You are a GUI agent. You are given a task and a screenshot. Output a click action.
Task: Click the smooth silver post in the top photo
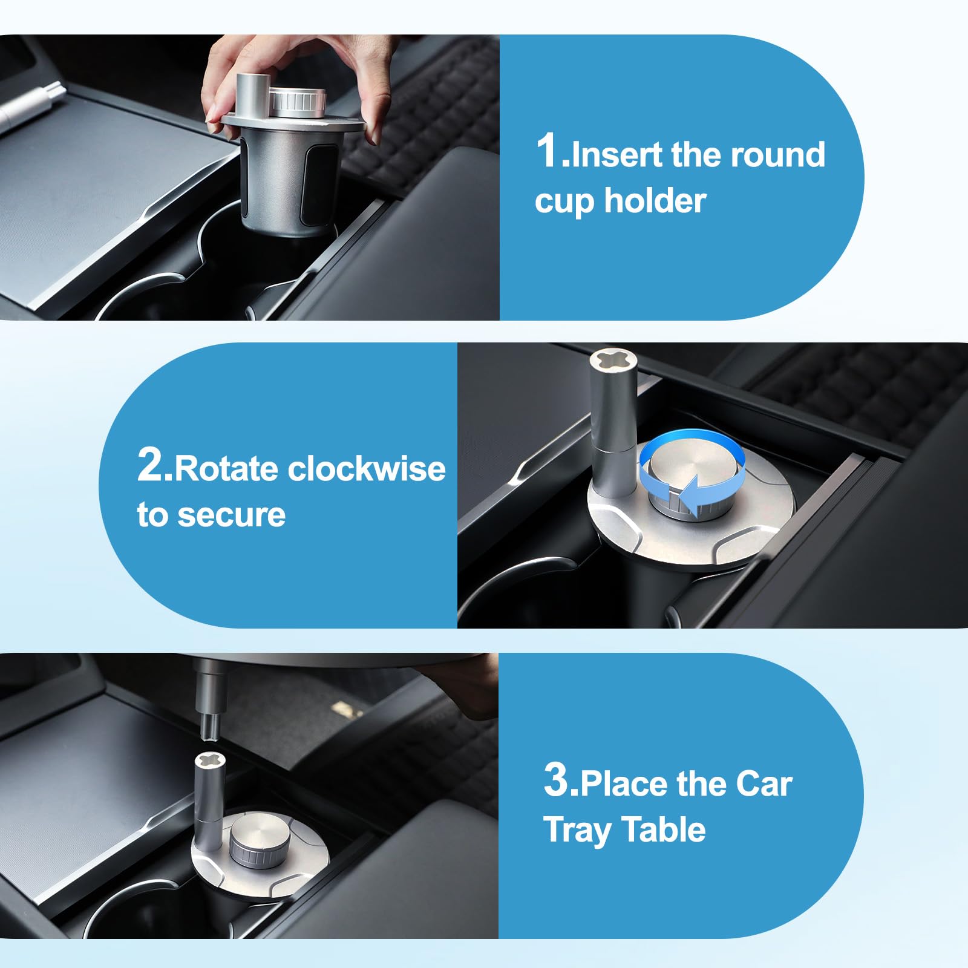coord(250,94)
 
